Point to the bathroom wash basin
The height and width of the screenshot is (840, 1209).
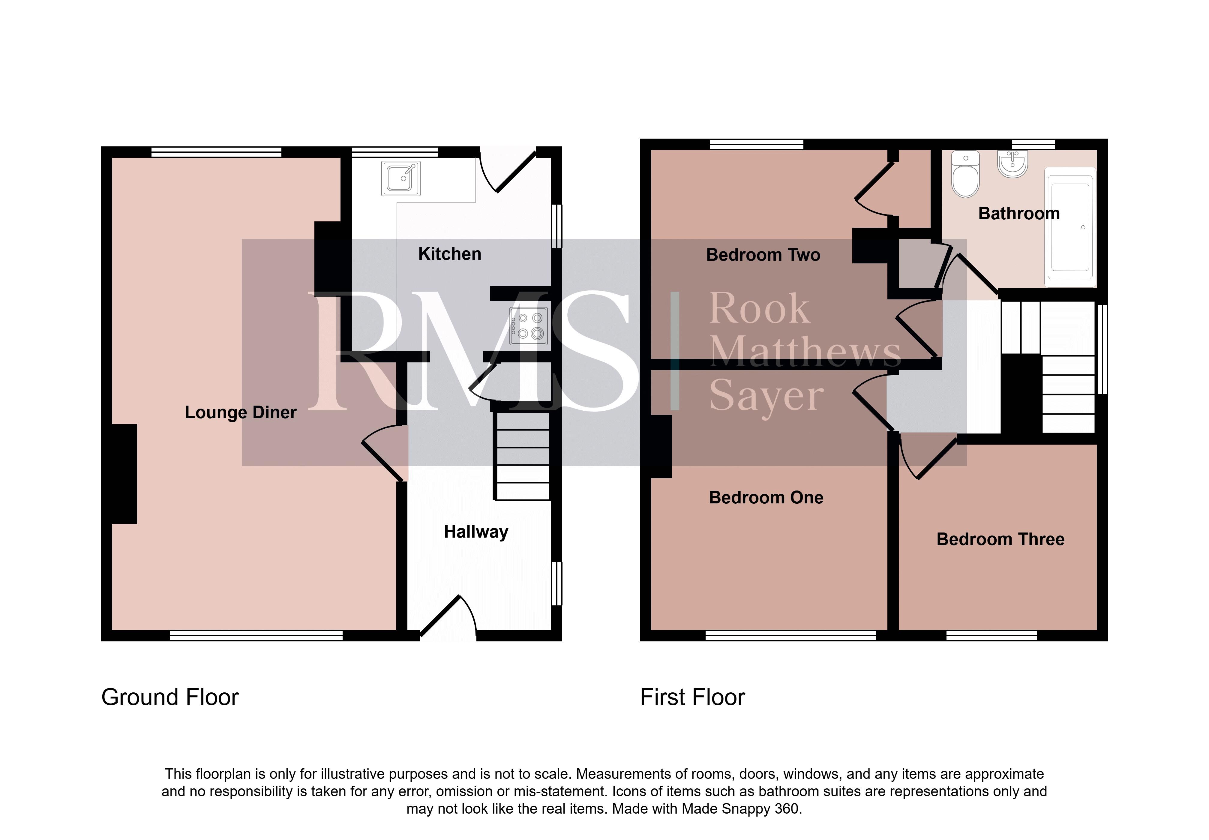click(1012, 164)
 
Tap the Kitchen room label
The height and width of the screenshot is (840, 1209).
click(449, 254)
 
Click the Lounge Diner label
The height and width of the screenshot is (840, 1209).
click(241, 412)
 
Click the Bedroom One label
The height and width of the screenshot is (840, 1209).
click(766, 497)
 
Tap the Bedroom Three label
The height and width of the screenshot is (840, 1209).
click(1000, 539)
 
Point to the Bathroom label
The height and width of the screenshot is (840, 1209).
click(1018, 213)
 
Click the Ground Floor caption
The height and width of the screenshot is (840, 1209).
click(169, 697)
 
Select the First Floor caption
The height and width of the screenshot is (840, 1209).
click(692, 697)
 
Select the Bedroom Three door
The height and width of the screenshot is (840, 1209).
click(928, 456)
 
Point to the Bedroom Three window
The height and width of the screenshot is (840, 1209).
click(991, 636)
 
